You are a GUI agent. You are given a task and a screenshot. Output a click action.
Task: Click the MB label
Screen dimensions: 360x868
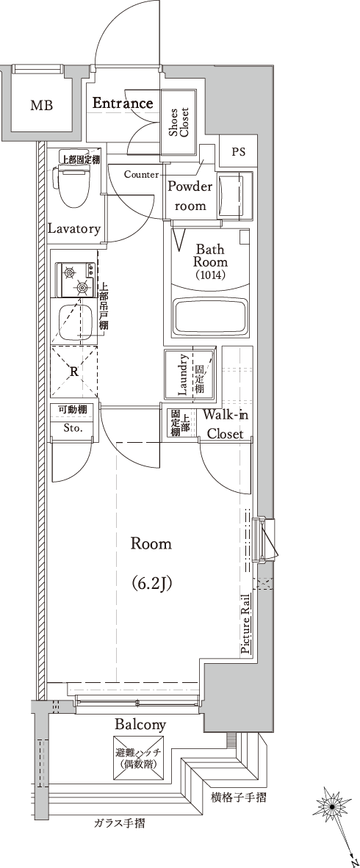[x=42, y=105]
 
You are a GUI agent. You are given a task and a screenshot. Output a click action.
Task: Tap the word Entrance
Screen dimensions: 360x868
[x=123, y=103]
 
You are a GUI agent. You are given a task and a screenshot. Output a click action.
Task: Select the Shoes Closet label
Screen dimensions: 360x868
[x=179, y=123]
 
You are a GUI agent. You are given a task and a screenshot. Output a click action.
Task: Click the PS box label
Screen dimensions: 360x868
[x=238, y=152]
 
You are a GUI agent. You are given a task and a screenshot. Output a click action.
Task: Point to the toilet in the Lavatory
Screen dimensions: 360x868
[x=71, y=185]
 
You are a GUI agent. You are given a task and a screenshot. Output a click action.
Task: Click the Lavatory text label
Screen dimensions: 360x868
[x=73, y=228]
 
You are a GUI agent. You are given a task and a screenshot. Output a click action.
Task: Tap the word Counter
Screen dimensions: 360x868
[x=141, y=174]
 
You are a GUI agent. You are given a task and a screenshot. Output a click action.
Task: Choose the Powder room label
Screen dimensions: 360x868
[x=190, y=196]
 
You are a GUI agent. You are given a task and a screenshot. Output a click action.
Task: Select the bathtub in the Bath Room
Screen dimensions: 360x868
[x=209, y=318]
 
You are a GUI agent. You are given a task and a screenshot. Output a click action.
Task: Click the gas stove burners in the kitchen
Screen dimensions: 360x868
[x=76, y=280]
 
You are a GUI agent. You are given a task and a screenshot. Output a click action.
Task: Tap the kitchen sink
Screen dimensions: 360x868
[x=76, y=322]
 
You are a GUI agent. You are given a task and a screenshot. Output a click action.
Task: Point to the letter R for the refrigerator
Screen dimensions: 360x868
[x=73, y=372]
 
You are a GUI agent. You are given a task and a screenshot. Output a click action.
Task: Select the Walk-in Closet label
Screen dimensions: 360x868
[x=224, y=424]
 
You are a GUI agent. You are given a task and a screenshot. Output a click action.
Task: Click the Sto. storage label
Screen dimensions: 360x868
[x=72, y=428]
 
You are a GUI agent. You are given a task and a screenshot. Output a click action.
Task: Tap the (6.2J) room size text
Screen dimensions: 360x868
[x=151, y=582]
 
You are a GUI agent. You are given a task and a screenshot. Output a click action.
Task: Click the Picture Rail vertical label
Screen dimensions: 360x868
[x=245, y=623]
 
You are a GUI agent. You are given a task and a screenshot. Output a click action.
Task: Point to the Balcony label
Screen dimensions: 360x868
[x=140, y=724]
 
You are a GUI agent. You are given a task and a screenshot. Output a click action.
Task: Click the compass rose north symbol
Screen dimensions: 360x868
[x=331, y=808]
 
